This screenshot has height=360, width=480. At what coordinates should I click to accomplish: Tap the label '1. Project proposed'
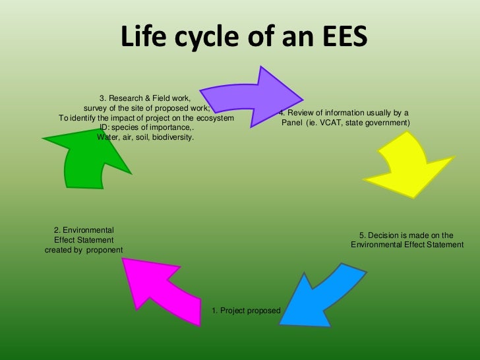[x=246, y=311]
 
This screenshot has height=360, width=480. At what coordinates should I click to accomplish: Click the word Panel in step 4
[x=292, y=123]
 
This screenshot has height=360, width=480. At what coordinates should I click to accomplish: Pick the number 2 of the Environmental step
[x=56, y=229]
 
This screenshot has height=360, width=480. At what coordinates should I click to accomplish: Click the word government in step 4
[x=387, y=123]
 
